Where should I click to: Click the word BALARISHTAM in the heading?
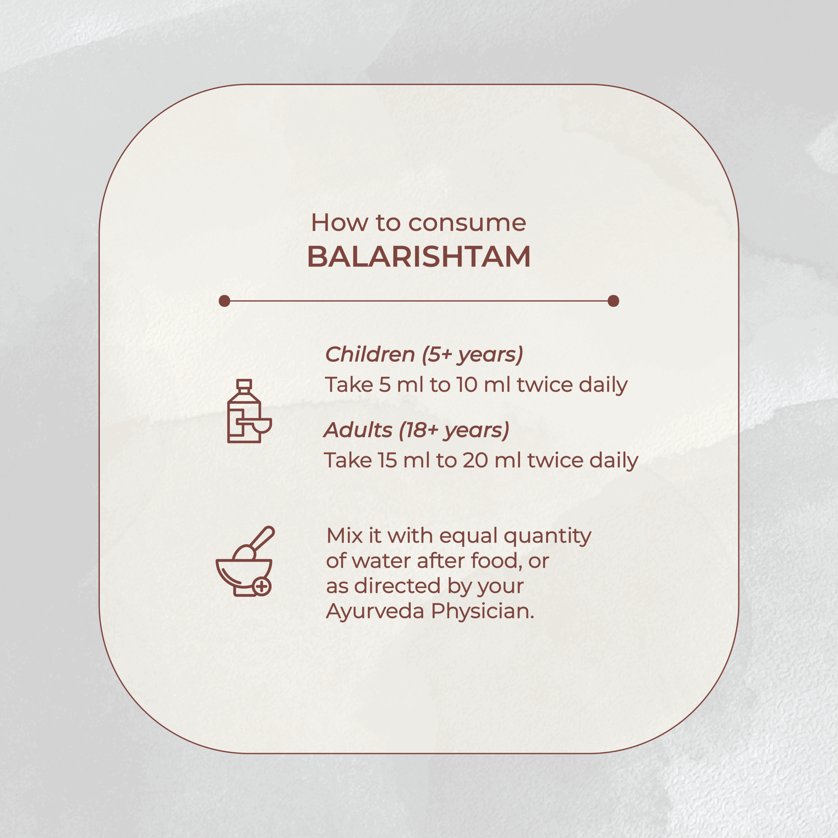[x=419, y=256]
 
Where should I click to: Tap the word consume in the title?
[x=467, y=223]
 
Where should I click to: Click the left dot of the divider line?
[x=224, y=301]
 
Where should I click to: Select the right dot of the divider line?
[x=613, y=301]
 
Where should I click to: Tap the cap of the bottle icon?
[x=244, y=384]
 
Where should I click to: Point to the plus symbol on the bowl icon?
[x=262, y=587]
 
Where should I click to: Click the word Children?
[x=370, y=355]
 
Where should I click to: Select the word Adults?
[x=358, y=430]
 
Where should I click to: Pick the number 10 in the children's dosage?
[x=467, y=385]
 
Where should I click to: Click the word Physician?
[x=482, y=612]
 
